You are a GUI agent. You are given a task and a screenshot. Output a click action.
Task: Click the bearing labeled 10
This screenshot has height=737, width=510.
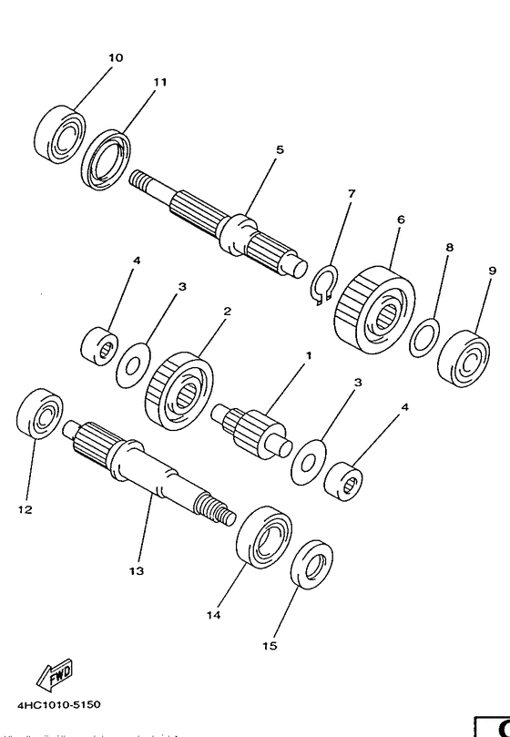(60, 134)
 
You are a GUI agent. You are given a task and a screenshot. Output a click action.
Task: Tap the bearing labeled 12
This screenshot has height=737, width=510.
(40, 414)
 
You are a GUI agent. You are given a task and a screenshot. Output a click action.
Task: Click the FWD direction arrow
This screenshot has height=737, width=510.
(55, 676)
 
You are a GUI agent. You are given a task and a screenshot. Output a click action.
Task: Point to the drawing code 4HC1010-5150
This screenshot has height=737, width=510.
(56, 704)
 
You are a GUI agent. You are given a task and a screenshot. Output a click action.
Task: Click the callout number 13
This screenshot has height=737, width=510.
(136, 571)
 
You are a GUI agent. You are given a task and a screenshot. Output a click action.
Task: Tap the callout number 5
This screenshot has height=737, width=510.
(280, 148)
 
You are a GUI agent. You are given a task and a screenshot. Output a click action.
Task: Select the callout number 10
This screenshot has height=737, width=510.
(115, 57)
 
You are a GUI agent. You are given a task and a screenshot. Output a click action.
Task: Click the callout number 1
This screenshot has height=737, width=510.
(308, 354)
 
